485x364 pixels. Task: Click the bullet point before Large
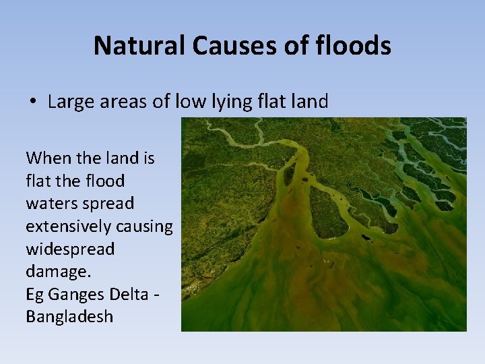32,102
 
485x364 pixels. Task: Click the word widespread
70,249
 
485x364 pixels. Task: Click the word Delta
134,295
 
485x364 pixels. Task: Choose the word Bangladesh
69,317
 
